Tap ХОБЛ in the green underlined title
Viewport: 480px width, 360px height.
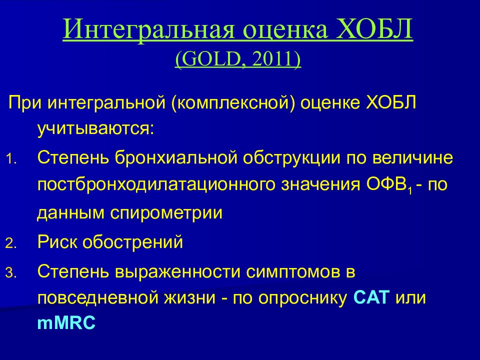click(374, 29)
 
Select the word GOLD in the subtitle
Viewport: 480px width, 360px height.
click(210, 59)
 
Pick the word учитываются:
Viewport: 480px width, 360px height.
click(95, 129)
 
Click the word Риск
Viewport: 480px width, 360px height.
click(57, 242)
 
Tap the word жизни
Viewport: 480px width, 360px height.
click(190, 298)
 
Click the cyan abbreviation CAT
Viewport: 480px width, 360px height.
click(371, 297)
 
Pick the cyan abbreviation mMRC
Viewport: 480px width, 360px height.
click(66, 323)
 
